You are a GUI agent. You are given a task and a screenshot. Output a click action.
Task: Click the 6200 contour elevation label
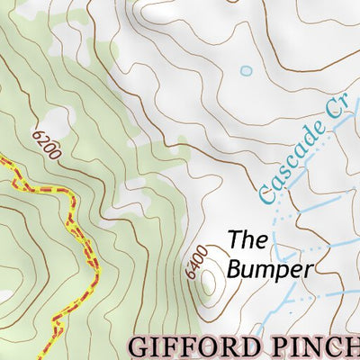coord(46,144)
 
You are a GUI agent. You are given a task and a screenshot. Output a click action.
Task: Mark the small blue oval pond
coord(246,70)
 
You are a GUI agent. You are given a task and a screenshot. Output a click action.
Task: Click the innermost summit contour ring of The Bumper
coord(210,283)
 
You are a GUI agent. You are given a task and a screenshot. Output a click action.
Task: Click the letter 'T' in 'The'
coord(233,240)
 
